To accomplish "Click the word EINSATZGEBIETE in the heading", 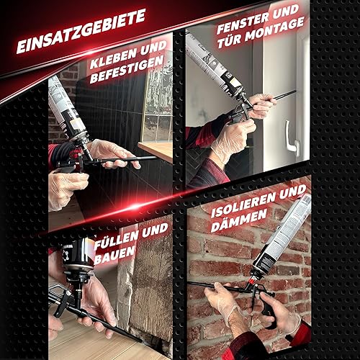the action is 81,31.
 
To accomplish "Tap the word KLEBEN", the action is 112,60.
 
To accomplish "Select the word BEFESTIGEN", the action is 127,70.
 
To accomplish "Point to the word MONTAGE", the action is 274,30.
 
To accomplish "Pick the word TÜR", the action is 229,41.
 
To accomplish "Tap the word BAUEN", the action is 114,256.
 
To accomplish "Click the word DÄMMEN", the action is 239,221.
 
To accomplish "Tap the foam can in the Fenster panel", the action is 215,66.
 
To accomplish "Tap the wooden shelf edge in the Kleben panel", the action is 155,151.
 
